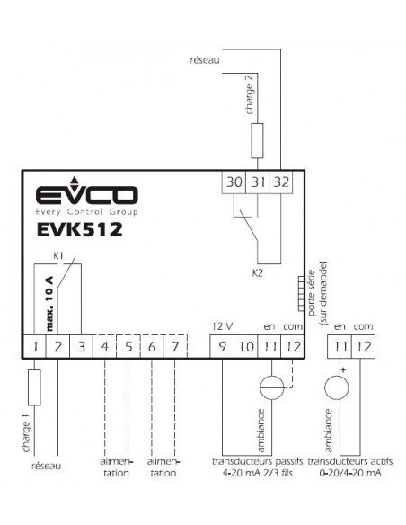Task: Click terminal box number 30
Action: [234, 182]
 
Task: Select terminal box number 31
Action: [257, 182]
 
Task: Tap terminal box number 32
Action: [281, 182]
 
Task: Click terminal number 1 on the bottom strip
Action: [34, 346]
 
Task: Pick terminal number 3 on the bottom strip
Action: [81, 346]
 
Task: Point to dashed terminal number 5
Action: [128, 346]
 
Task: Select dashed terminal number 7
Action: [175, 346]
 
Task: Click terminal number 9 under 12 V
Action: [222, 346]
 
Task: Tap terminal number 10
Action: [246, 346]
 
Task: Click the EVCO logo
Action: [86, 196]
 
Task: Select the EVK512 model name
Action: [80, 230]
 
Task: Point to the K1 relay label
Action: [58, 256]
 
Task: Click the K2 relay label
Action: [258, 273]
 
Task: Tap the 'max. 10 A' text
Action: [49, 304]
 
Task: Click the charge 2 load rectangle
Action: [257, 140]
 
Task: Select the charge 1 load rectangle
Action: [34, 387]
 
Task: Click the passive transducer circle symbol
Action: [272, 387]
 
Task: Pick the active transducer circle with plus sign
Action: [337, 387]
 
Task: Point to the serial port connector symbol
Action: [301, 294]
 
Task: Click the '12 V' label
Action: [223, 326]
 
